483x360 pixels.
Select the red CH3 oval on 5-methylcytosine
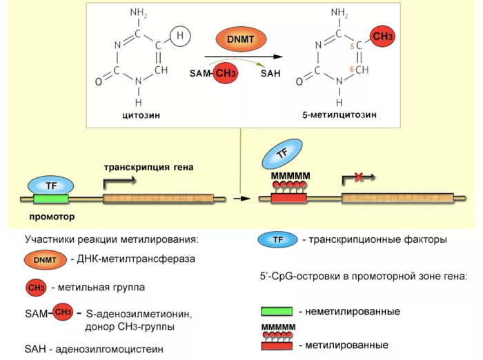tap(381, 36)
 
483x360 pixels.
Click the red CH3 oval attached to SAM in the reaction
tap(225, 72)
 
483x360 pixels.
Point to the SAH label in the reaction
tap(270, 73)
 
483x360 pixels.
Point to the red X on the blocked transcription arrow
tap(359, 178)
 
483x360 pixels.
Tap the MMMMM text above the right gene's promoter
tap(290, 177)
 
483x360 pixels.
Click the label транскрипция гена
tap(149, 167)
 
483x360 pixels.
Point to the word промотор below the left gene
tap(52, 216)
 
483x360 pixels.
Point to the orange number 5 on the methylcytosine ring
tap(351, 46)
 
